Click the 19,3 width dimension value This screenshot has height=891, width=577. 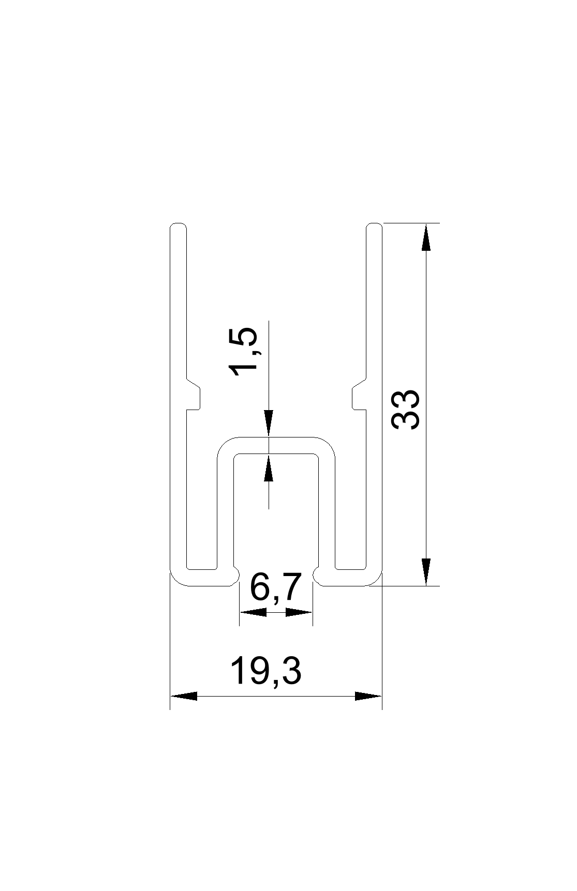tap(265, 671)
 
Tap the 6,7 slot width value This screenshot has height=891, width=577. tap(275, 588)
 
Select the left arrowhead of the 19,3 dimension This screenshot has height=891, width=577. tap(184, 696)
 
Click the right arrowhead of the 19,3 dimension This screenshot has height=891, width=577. tap(368, 696)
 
